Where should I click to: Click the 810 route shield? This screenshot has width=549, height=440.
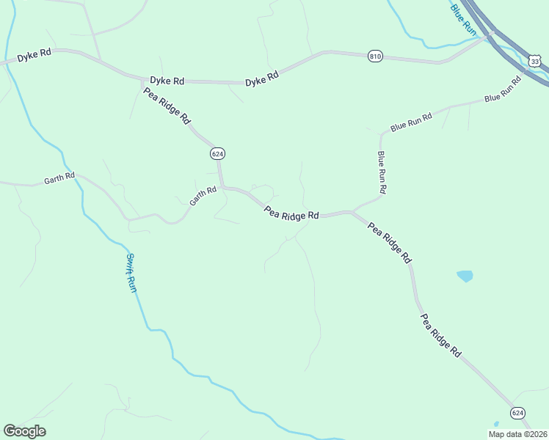[375, 56]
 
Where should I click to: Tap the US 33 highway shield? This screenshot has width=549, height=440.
[535, 62]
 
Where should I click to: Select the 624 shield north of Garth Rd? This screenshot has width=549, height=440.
[217, 153]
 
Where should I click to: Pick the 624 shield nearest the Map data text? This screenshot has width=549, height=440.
[518, 413]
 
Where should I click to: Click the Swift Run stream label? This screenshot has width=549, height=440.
[131, 273]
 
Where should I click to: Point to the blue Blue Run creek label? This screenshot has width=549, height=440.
[464, 18]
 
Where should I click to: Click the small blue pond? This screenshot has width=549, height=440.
[465, 276]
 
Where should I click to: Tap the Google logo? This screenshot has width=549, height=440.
[24, 430]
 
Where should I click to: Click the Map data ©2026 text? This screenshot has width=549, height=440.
[517, 434]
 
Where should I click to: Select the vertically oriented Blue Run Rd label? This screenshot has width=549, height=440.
[382, 172]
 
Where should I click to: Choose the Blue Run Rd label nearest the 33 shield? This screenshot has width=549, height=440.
[502, 88]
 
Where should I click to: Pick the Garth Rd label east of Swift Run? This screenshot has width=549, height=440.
[203, 195]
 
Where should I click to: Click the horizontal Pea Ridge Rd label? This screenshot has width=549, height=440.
[291, 215]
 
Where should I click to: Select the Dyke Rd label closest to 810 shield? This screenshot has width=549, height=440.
[262, 77]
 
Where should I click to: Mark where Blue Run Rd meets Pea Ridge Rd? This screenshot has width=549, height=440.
[353, 212]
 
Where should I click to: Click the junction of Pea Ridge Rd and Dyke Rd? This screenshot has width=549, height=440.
[142, 79]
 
